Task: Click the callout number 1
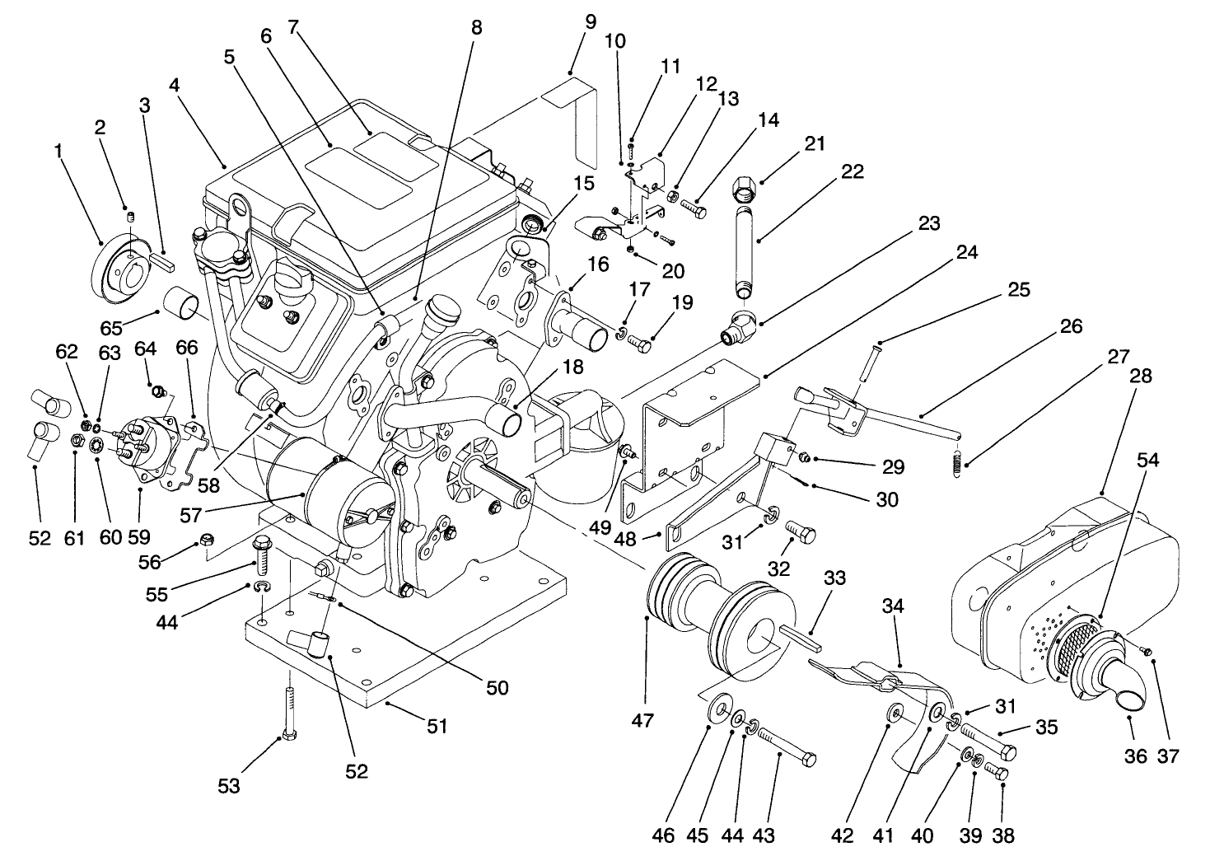(x=58, y=151)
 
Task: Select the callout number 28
(x=1141, y=376)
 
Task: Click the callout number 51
(x=436, y=727)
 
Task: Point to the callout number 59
(x=140, y=539)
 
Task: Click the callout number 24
(x=967, y=253)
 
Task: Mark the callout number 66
(x=187, y=348)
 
